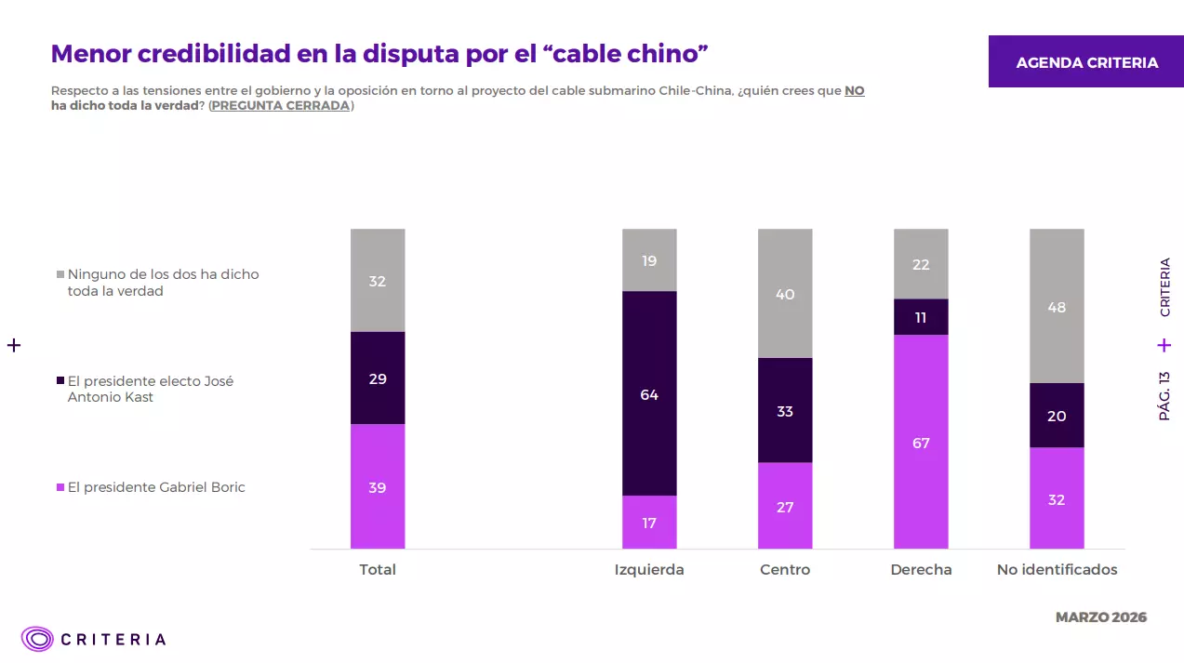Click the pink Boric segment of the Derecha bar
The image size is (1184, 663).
921,442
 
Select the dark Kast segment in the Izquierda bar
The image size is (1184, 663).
649,393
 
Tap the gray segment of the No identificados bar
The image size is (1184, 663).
1057,306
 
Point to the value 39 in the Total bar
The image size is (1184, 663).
377,487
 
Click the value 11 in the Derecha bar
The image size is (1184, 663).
921,317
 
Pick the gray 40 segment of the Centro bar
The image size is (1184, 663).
785,294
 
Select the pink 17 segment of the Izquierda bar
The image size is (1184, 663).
649,523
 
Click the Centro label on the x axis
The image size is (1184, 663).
785,569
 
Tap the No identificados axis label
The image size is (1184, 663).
1057,569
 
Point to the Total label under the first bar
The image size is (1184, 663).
378,569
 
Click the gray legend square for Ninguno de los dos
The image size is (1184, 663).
60,274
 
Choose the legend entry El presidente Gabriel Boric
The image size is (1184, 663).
156,487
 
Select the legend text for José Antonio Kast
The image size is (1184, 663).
150,389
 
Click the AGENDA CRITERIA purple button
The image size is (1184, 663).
1086,62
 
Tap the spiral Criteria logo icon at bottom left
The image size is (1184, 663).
38,639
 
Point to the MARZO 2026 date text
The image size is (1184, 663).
1101,617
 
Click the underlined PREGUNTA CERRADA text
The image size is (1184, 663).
281,105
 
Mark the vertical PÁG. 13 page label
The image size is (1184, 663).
1164,396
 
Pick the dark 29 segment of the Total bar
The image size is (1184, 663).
377,378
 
